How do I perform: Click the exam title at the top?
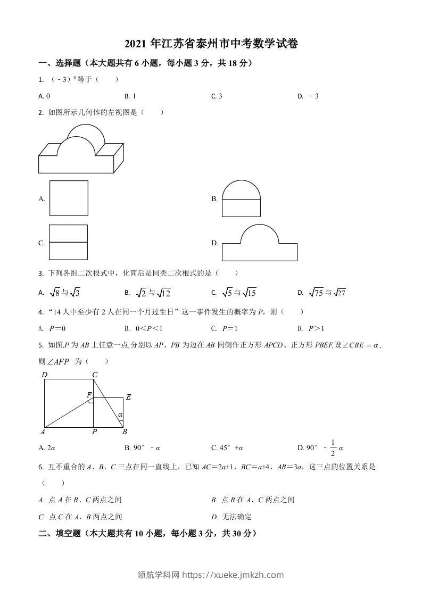pos(211,45)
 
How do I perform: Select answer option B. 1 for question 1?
pos(130,96)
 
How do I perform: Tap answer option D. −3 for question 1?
pos(308,96)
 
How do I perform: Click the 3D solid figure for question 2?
pos(78,148)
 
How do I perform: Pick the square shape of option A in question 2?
pos(69,199)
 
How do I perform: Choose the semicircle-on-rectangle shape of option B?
pos(241,198)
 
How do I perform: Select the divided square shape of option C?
pos(68,242)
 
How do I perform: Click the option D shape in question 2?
pos(259,243)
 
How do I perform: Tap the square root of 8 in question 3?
pos(54,293)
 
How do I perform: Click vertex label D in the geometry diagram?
pos(45,375)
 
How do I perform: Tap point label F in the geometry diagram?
pos(89,394)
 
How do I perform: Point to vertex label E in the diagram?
pos(128,397)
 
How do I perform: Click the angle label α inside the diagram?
pos(120,414)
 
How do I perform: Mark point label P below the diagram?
pos(94,432)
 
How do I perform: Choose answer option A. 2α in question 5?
pos(45,448)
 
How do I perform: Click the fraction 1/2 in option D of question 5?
pos(333,447)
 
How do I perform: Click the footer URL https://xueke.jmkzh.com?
pos(233,575)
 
